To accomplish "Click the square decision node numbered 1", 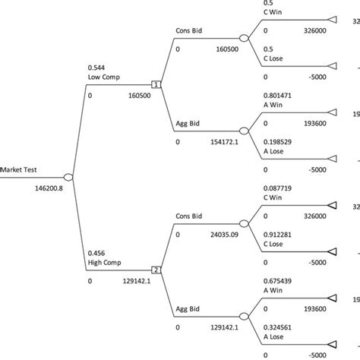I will click(156, 84).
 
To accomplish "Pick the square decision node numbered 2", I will click(156, 270).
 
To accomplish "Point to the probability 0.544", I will click(96, 66).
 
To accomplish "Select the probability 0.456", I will click(96, 251).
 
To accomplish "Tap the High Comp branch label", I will click(103, 262).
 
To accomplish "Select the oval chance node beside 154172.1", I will click(244, 131).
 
